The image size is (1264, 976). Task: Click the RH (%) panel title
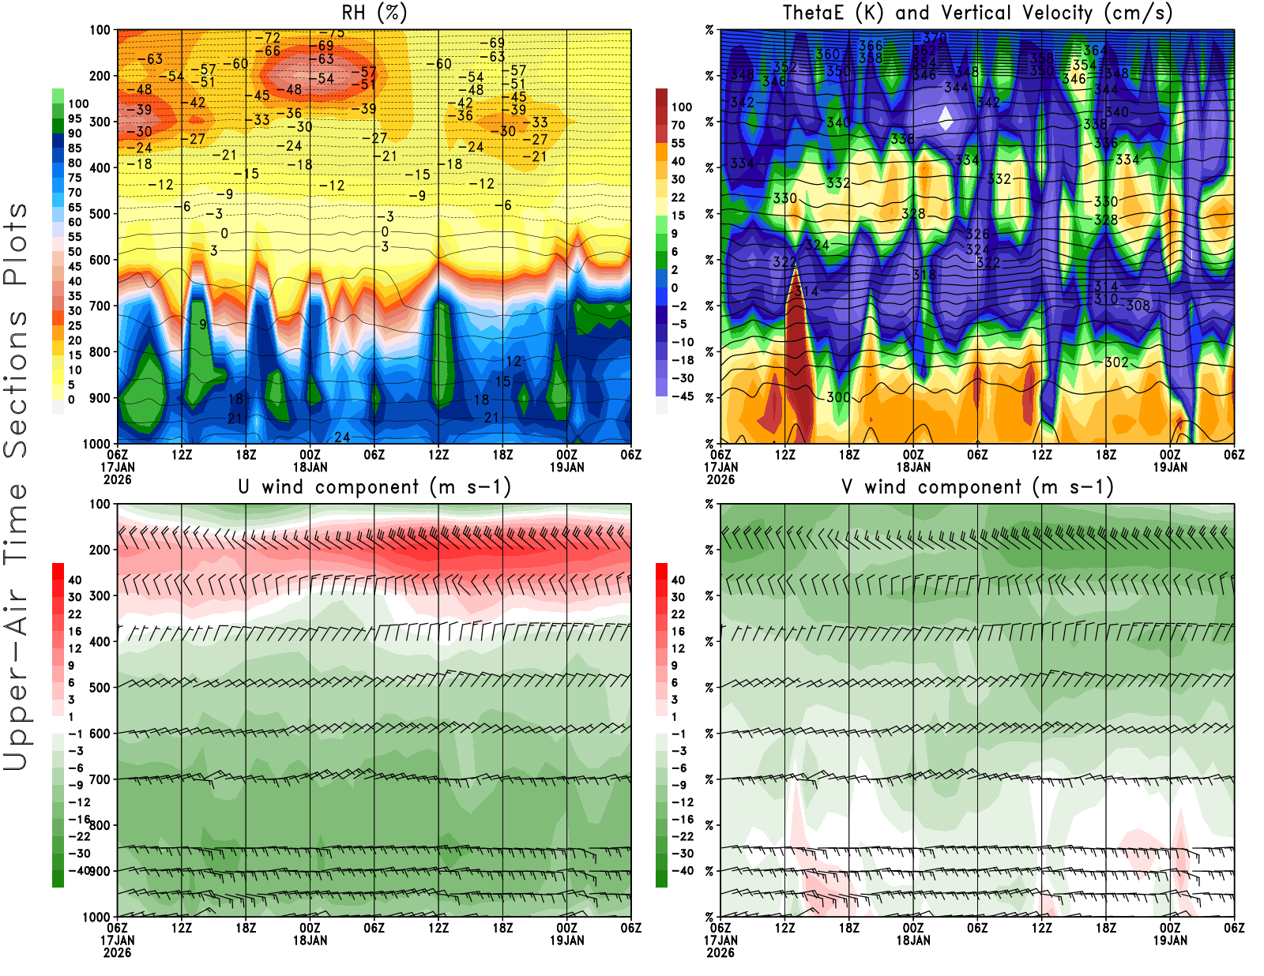coord(374,13)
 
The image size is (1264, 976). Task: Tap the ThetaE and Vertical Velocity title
coord(977,13)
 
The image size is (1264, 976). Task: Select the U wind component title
coord(374,487)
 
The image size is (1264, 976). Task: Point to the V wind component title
coord(977,487)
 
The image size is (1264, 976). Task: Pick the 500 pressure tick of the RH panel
coord(100,214)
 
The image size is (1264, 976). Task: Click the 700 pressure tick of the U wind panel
coord(100,779)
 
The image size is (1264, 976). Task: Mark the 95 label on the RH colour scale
coord(74,118)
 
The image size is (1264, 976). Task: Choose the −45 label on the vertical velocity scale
coord(682,396)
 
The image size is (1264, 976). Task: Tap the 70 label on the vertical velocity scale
coord(678,125)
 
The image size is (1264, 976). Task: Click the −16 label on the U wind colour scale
coord(78,820)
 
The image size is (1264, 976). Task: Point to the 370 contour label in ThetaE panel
coord(935,37)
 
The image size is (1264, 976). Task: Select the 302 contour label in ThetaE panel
coord(1116,362)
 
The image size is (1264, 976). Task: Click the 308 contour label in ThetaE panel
coord(1138,306)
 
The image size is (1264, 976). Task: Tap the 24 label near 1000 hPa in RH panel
coord(342,437)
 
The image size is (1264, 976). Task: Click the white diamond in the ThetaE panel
coord(946,118)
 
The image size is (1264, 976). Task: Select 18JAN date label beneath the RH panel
coord(310,467)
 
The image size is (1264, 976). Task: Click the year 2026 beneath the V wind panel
coord(720,953)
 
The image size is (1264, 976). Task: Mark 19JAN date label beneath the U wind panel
coord(566,940)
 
